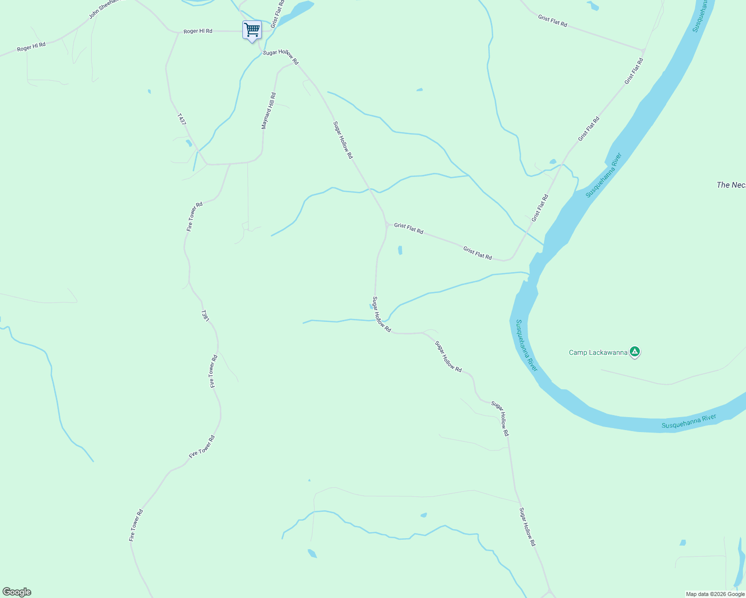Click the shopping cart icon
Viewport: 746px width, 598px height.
252,30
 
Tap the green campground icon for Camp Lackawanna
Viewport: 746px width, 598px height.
635,352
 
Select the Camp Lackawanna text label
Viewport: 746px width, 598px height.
598,353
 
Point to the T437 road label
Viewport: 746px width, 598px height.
182,119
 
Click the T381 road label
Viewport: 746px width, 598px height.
204,315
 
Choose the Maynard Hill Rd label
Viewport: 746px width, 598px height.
268,111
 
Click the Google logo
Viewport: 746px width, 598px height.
16,592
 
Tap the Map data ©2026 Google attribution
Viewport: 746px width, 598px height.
715,594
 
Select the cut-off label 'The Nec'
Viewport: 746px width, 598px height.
731,185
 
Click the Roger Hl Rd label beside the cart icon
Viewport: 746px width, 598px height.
197,31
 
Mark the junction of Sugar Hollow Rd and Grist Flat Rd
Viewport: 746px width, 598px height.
387,225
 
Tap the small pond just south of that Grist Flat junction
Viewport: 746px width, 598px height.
400,250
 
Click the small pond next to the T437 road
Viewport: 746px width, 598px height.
188,143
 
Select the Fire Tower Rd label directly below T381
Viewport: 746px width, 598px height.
213,371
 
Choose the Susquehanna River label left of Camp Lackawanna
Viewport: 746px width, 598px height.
527,345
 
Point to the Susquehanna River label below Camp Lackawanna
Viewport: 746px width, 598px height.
689,421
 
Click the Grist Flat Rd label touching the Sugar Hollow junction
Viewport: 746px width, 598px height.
408,228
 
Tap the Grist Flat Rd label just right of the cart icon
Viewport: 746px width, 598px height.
278,13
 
